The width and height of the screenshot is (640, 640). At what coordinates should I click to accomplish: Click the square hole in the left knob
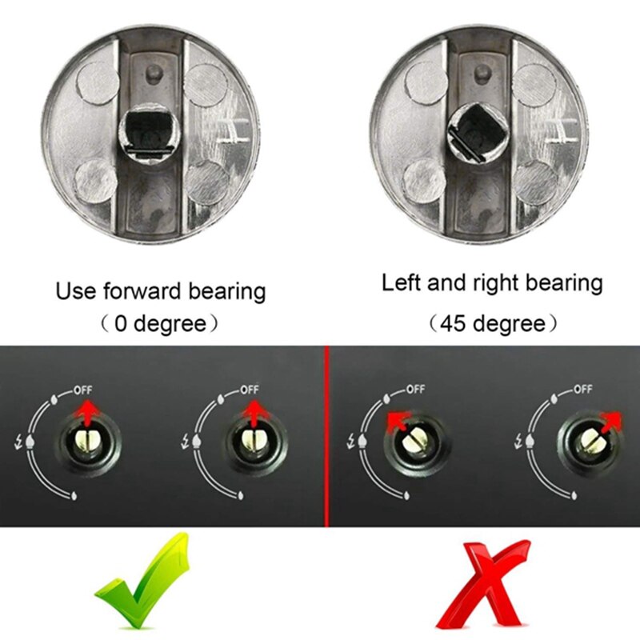(149, 130)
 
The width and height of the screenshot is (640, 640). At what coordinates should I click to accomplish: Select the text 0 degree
(160, 325)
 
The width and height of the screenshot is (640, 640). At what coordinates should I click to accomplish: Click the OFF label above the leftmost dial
(84, 390)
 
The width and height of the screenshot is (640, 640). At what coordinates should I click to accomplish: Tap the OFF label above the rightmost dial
(582, 390)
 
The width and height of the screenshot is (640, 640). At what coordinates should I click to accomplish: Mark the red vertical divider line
(326, 436)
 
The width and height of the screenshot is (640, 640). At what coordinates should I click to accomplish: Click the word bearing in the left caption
(226, 291)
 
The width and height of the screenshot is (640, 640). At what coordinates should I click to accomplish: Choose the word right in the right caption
(490, 282)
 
